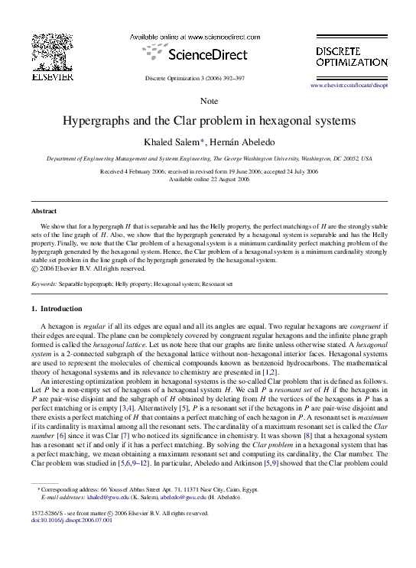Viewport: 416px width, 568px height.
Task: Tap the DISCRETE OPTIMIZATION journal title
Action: (x=352, y=56)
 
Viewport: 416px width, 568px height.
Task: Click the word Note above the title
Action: (x=209, y=102)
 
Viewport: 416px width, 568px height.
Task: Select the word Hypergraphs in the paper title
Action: (x=100, y=121)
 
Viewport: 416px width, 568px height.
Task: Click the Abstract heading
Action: (x=44, y=210)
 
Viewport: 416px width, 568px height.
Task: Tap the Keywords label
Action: (x=44, y=284)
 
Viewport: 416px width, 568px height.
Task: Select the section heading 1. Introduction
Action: (x=56, y=309)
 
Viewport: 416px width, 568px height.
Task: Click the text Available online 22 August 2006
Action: (x=209, y=180)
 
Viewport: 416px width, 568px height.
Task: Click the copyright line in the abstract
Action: (x=94, y=268)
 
